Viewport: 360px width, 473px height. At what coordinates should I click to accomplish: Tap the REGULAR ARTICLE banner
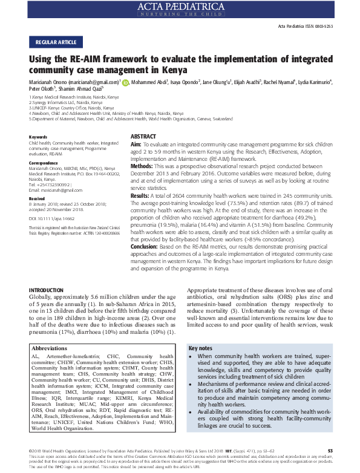[55, 42]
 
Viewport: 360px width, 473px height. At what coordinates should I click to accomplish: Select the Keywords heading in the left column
[39, 120]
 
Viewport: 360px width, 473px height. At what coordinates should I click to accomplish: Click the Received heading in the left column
[38, 181]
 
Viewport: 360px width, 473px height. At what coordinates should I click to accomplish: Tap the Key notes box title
[201, 331]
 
